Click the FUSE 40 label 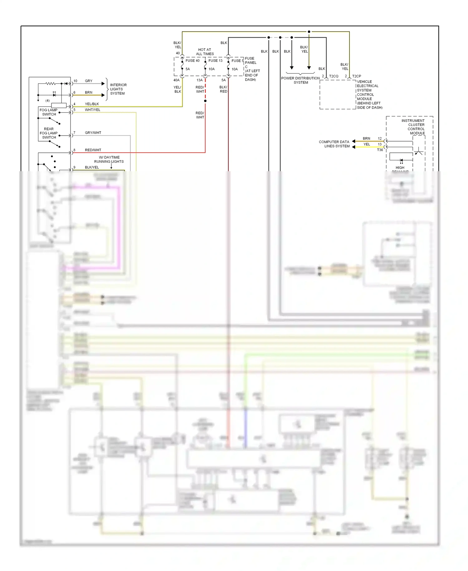pyautogui.click(x=192, y=61)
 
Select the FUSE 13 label pyautogui.click(x=215, y=61)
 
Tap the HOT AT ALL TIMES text pyautogui.click(x=205, y=52)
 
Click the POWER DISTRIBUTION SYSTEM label pyautogui.click(x=300, y=80)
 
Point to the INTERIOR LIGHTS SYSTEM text pyautogui.click(x=118, y=89)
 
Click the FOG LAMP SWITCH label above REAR pyautogui.click(x=49, y=112)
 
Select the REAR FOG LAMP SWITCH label pyautogui.click(x=49, y=133)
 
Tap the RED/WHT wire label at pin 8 pyautogui.click(x=93, y=150)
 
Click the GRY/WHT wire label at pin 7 pyautogui.click(x=93, y=133)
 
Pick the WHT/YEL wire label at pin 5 pyautogui.click(x=92, y=110)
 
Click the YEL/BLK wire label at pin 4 pyautogui.click(x=92, y=104)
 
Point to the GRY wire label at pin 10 pyautogui.click(x=89, y=81)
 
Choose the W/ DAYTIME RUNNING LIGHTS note pyautogui.click(x=109, y=160)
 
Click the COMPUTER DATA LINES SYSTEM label pyautogui.click(x=334, y=144)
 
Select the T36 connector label pyautogui.click(x=380, y=150)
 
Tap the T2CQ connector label pyautogui.click(x=334, y=76)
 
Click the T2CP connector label pyautogui.click(x=357, y=76)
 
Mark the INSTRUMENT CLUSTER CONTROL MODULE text pyautogui.click(x=413, y=127)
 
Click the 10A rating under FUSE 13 pyautogui.click(x=212, y=69)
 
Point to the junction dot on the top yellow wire pyautogui.click(x=309, y=32)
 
